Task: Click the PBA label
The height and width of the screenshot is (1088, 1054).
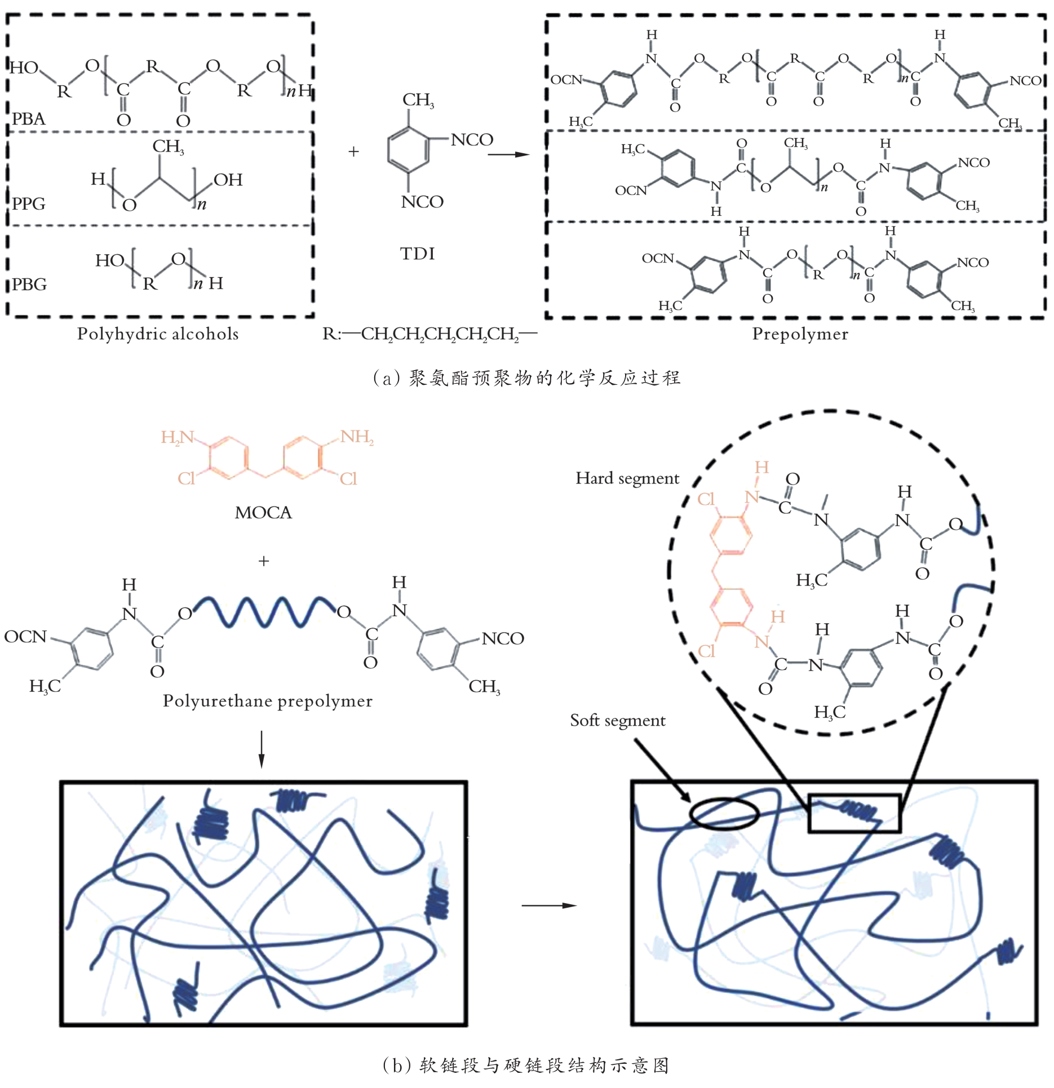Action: click(x=29, y=119)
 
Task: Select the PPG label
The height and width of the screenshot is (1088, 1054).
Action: click(x=29, y=203)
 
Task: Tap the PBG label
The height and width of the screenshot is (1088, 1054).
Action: click(x=29, y=284)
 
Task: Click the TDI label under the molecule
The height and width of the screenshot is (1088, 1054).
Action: click(x=417, y=254)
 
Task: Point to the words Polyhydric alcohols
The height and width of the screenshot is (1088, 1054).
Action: click(x=158, y=334)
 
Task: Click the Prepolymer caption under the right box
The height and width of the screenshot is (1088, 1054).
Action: click(x=800, y=334)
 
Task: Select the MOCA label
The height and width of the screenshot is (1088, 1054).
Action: click(x=263, y=512)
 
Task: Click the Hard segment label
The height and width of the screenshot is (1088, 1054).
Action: click(x=627, y=478)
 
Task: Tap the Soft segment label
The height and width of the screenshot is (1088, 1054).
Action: click(x=617, y=720)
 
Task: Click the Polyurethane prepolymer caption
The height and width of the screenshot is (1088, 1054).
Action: click(x=268, y=700)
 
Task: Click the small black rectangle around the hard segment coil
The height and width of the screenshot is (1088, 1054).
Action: click(x=854, y=813)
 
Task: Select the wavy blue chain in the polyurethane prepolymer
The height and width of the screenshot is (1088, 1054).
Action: click(x=265, y=611)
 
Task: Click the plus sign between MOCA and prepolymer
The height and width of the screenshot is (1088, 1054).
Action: click(x=263, y=561)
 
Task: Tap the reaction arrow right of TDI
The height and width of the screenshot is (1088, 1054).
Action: click(x=508, y=154)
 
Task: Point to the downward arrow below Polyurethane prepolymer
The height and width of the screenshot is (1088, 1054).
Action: click(x=261, y=749)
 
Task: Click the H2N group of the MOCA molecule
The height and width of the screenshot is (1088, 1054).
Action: click(x=177, y=437)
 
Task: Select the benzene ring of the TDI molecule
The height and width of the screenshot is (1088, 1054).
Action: click(x=409, y=149)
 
